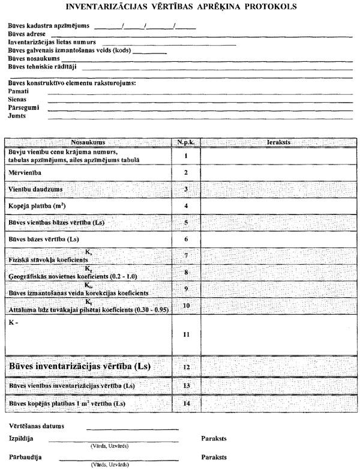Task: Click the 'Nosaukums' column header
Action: coord(88,142)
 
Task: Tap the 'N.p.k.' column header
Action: coord(186,142)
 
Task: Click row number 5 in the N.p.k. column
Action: coord(186,223)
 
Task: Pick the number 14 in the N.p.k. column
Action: coord(186,402)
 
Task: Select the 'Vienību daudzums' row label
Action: coord(35,189)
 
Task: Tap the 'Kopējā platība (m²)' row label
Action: coord(37,206)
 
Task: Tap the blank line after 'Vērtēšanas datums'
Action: coord(132,428)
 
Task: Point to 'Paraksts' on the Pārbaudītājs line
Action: coord(214,457)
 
